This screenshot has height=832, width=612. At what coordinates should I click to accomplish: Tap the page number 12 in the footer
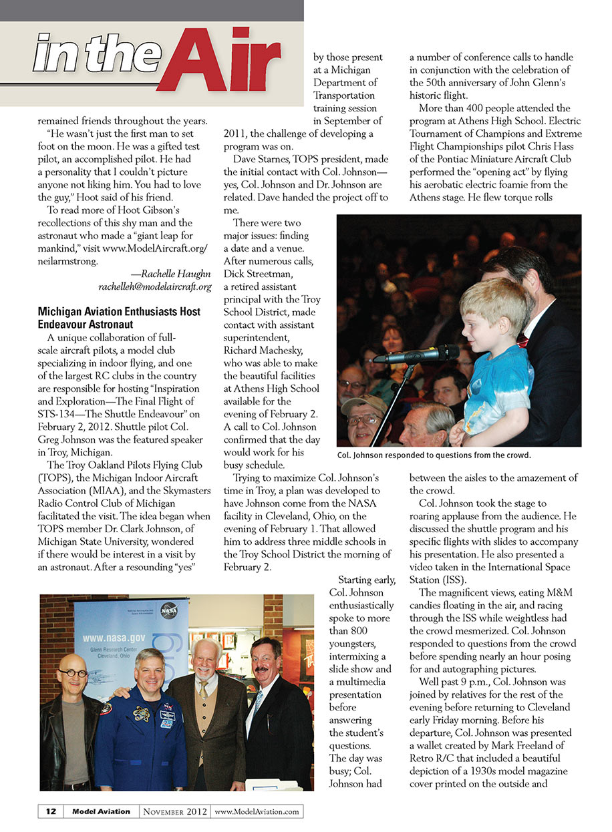click(50, 811)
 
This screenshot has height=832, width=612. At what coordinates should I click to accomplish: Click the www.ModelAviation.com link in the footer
click(257, 811)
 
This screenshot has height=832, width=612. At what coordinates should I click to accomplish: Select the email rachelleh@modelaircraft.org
click(155, 286)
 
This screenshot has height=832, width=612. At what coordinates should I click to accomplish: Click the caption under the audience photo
click(434, 455)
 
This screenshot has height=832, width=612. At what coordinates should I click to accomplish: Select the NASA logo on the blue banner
click(168, 609)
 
